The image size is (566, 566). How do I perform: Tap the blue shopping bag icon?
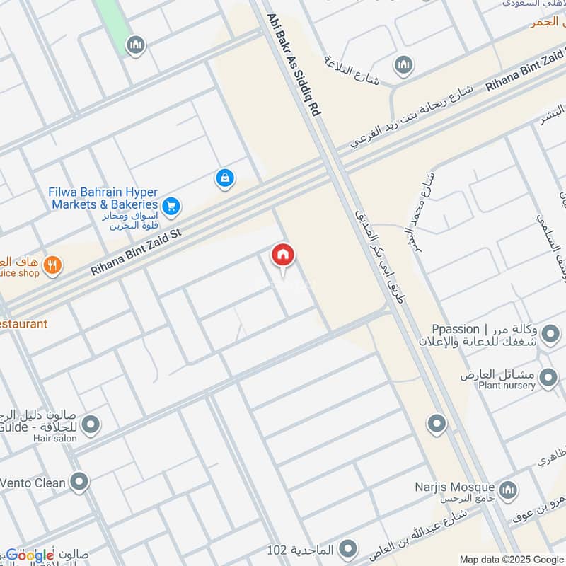[x=224, y=178]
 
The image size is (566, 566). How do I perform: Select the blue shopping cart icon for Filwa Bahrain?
[x=171, y=207]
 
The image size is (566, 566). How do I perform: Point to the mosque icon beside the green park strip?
[x=136, y=45]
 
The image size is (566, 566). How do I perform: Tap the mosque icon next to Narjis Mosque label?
[x=508, y=490]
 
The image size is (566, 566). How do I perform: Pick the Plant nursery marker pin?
[x=548, y=379]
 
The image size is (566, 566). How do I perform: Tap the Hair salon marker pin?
[x=91, y=424]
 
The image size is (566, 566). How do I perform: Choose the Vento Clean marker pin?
[x=80, y=483]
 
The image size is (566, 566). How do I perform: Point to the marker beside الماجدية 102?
[x=347, y=548]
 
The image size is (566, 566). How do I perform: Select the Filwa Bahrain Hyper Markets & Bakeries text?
[x=103, y=198]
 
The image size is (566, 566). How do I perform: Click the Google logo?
[x=30, y=555]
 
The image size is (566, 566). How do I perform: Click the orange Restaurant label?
[x=23, y=324]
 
